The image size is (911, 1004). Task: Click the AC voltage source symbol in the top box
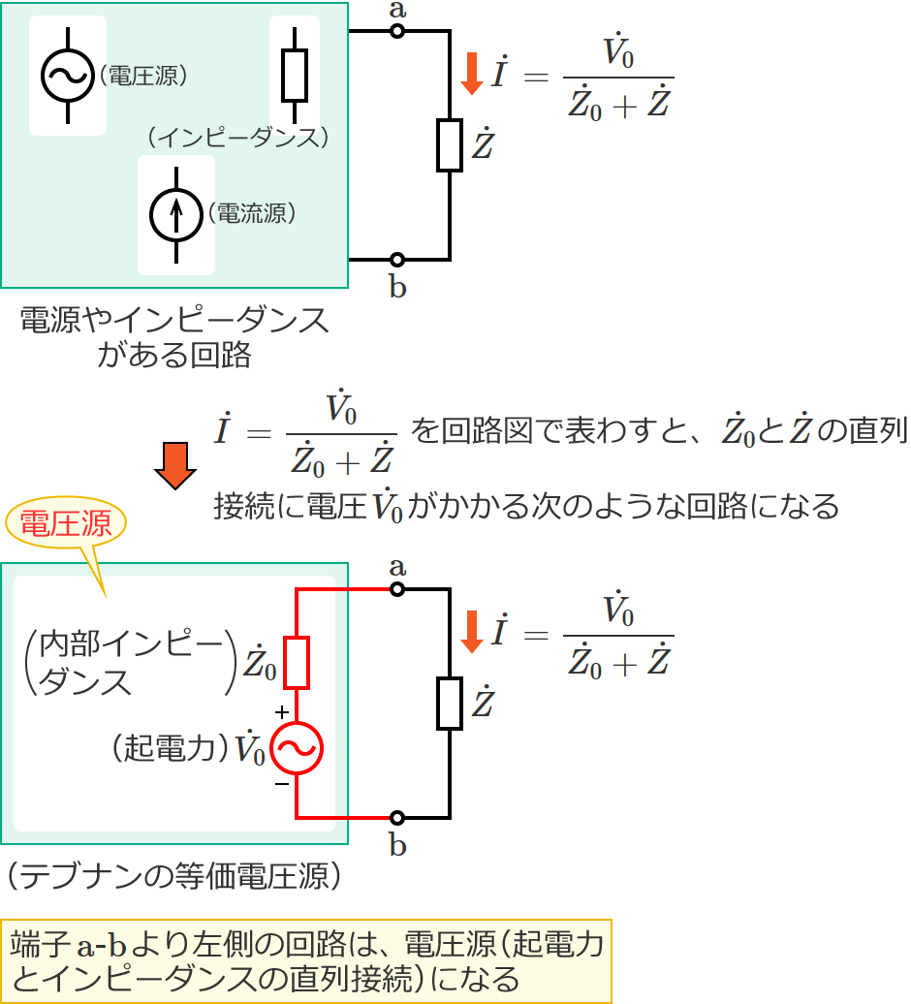(68, 76)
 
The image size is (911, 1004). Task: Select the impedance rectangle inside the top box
(294, 76)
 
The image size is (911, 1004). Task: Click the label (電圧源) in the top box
(142, 76)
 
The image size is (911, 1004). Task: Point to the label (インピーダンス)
(238, 137)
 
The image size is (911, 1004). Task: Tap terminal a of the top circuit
(396, 32)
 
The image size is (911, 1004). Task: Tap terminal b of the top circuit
(396, 260)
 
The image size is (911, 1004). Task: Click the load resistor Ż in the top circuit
(450, 145)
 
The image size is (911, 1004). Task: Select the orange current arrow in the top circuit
(472, 74)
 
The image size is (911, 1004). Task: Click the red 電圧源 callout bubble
(67, 523)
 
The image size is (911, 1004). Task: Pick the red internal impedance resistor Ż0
(297, 661)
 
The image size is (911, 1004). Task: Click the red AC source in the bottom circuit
(297, 748)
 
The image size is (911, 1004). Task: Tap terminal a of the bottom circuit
(396, 589)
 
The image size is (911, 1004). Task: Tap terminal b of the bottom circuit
(396, 817)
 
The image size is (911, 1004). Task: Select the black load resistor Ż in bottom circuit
(450, 704)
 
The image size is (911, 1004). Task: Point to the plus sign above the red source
(281, 712)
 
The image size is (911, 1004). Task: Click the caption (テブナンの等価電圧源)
(174, 877)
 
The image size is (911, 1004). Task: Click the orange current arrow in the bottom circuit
(472, 631)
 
